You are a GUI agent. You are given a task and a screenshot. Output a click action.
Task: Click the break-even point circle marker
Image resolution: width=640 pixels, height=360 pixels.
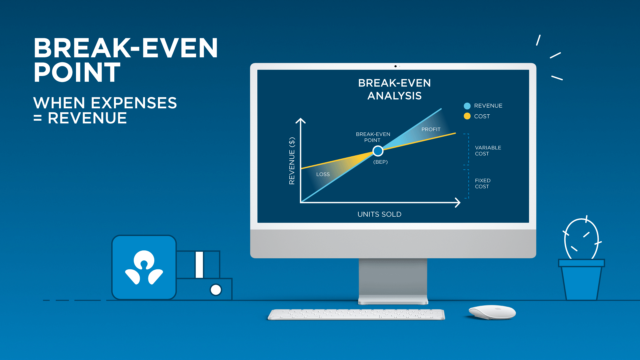coord(378,151)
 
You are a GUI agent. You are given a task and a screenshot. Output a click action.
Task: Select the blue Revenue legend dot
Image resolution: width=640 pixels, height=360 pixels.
coord(467,106)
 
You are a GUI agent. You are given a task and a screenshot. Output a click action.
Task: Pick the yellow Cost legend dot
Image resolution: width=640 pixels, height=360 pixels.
coord(467,116)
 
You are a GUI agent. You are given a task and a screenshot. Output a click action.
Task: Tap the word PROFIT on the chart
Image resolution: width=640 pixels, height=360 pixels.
coord(431,129)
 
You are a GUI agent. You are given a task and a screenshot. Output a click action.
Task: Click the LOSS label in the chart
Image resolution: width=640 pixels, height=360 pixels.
coord(323,174)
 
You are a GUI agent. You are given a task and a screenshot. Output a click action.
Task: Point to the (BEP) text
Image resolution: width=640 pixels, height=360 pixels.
coord(380,162)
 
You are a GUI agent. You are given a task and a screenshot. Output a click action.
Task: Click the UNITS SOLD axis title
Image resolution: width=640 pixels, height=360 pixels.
coord(379,214)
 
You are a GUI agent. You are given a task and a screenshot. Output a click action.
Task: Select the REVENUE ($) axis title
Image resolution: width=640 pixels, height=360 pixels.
coord(292,161)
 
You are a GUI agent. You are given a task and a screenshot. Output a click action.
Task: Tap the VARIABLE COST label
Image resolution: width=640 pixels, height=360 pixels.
coord(488,151)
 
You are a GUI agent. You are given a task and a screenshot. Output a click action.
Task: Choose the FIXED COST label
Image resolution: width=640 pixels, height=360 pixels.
coord(482,184)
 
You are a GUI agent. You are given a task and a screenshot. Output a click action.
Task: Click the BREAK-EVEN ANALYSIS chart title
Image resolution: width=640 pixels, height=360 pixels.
coord(394,89)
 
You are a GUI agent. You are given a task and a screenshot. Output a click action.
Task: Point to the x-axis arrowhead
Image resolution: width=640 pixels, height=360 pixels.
coord(458,202)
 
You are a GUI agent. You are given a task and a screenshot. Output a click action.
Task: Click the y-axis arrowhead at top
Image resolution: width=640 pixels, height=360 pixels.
coord(301,121)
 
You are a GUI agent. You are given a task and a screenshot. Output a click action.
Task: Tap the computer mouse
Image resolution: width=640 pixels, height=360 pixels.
coord(492,312)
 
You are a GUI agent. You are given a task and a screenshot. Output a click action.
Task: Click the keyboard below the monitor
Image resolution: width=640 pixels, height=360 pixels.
coord(356,314)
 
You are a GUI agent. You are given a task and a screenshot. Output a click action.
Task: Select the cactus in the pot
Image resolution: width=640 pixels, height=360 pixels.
coord(581,239)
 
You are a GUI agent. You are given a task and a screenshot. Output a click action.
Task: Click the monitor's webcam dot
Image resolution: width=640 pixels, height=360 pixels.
coord(395,66)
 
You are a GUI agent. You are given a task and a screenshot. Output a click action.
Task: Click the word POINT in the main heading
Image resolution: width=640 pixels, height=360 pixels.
coord(77,73)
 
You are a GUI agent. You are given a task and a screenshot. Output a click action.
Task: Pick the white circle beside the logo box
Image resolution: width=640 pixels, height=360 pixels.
coord(216,290)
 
